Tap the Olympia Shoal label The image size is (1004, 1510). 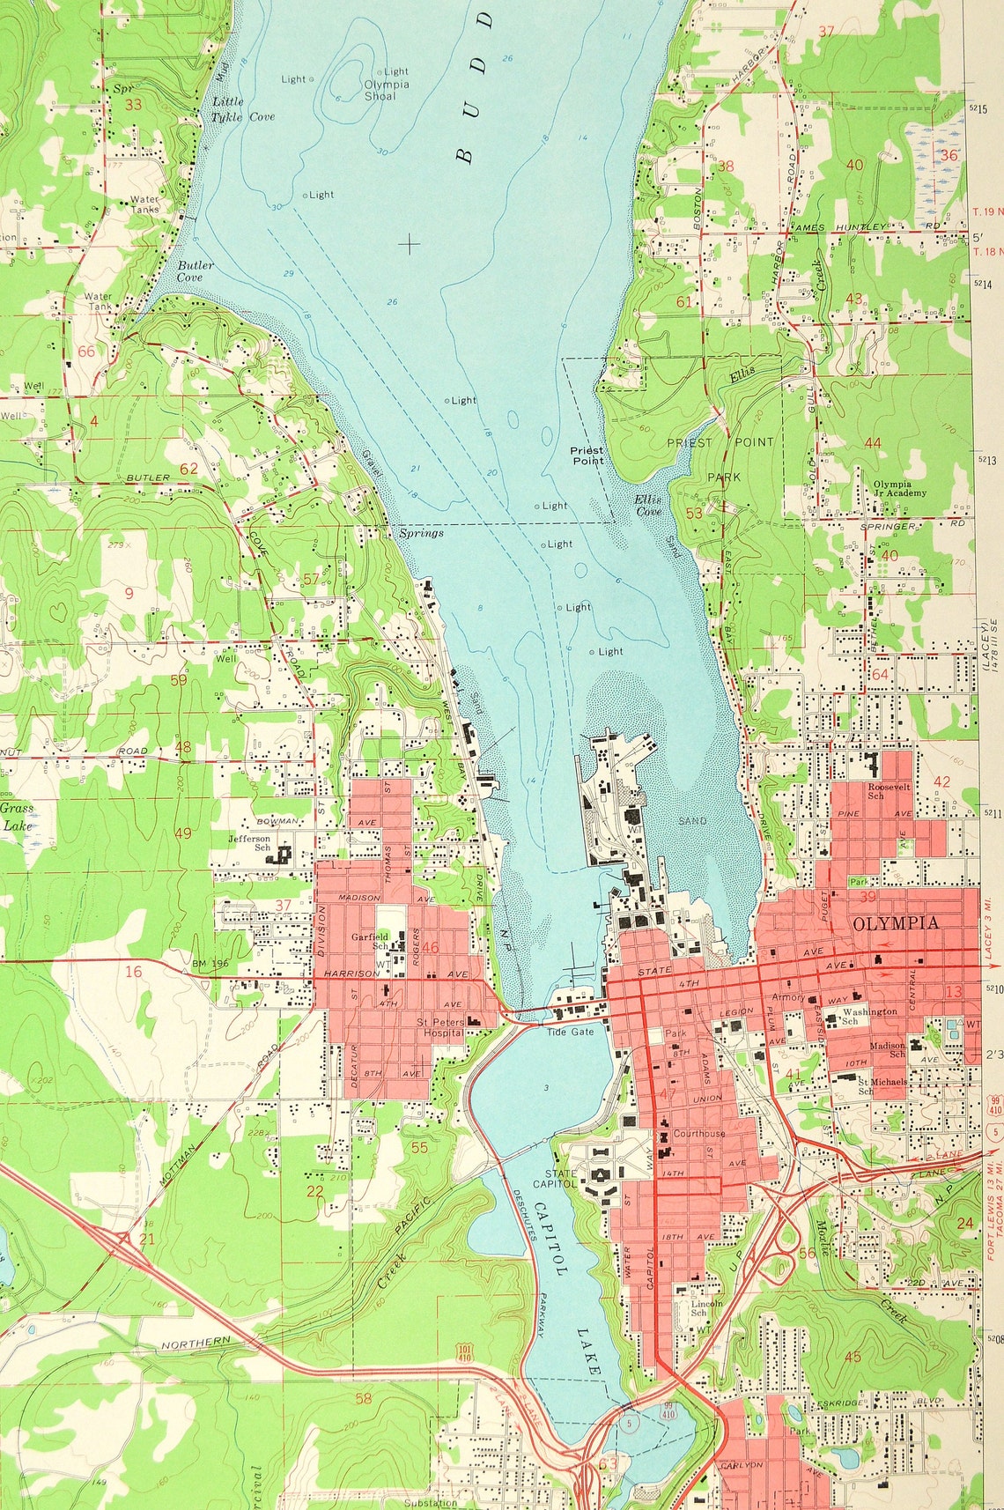(x=386, y=91)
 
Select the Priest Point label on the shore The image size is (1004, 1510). (x=587, y=455)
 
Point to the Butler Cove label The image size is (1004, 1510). (x=189, y=271)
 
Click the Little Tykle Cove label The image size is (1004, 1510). (x=242, y=109)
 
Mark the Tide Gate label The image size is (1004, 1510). (x=570, y=1032)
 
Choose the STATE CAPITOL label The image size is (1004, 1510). (x=561, y=1179)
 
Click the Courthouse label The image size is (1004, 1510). (x=699, y=1134)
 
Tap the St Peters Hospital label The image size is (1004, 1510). (x=440, y=1027)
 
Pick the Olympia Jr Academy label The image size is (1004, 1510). (x=899, y=489)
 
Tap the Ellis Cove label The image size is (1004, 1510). (x=647, y=505)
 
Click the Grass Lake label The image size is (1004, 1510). (x=17, y=817)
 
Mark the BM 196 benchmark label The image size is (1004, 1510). (x=210, y=964)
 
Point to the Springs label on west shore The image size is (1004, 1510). (x=421, y=533)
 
